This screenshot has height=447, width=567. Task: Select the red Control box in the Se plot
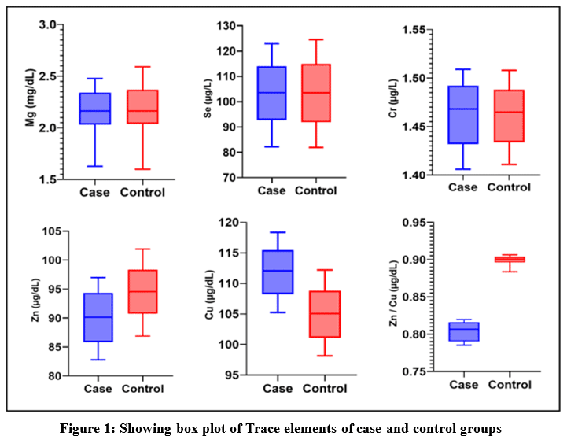pyautogui.click(x=315, y=93)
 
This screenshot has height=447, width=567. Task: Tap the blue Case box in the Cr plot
pyautogui.click(x=462, y=115)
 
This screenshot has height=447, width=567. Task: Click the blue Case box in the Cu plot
pyautogui.click(x=278, y=272)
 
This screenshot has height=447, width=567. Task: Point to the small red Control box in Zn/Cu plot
pyautogui.click(x=509, y=259)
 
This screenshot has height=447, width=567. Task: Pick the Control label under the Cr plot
pyautogui.click(x=509, y=187)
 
